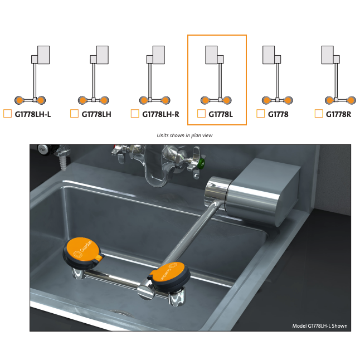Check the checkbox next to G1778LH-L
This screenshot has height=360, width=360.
(8, 114)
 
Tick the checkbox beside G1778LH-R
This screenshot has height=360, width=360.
(135, 114)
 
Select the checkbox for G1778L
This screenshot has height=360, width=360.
(201, 114)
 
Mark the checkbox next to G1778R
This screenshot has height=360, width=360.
(319, 114)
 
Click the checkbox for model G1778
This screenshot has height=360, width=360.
(260, 114)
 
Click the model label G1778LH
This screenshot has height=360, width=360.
(96, 114)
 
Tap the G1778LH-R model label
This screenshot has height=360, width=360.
(160, 114)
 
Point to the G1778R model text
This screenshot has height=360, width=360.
(338, 114)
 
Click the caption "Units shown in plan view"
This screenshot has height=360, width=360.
(184, 135)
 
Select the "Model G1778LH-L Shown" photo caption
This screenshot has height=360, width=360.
(319, 326)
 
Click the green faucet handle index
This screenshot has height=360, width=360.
(202, 164)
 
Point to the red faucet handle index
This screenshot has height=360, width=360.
(115, 147)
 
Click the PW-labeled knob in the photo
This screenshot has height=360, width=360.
(43, 150)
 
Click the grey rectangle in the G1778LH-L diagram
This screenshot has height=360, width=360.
(43, 55)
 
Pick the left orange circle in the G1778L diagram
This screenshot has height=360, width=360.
(205, 100)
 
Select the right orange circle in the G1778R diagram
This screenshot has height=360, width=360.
(351, 100)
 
